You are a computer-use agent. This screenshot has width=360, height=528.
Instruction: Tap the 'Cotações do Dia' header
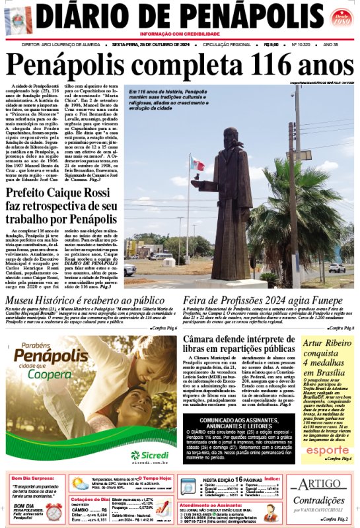coord(89,499)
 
